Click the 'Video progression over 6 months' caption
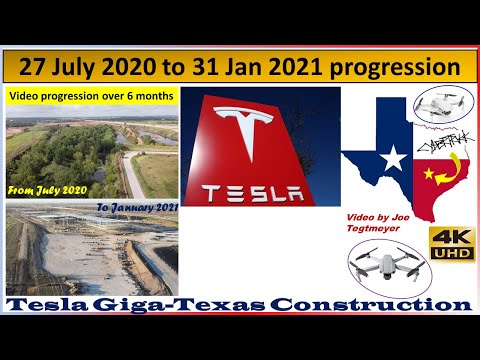pyautogui.click(x=92, y=96)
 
